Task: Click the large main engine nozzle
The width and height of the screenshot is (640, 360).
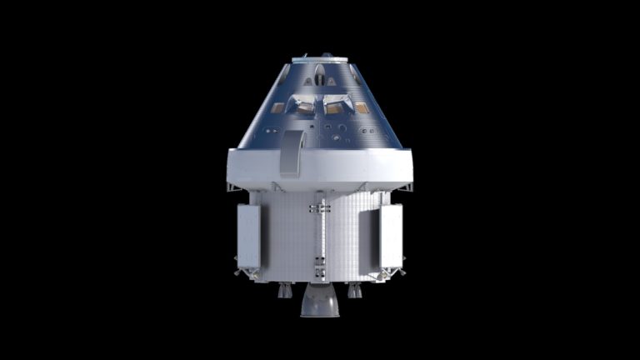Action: click(x=320, y=301)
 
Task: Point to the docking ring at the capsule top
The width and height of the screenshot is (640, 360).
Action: click(x=320, y=58)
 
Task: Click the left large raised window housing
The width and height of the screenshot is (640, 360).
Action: click(x=304, y=103)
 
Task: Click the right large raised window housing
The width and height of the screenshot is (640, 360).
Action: click(x=337, y=103)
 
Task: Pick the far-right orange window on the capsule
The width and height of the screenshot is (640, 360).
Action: click(x=362, y=107)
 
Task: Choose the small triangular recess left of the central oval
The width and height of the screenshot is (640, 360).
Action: click(x=309, y=82)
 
